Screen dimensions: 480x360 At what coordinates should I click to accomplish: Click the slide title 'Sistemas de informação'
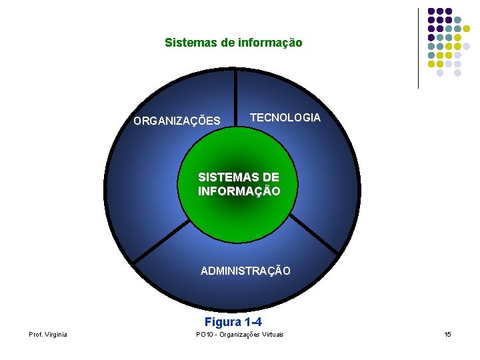(x=233, y=43)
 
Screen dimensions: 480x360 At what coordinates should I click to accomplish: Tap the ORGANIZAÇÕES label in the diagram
(x=177, y=121)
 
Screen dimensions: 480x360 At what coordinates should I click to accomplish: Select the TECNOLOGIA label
(x=285, y=117)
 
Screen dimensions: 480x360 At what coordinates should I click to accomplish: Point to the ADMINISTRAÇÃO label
(x=245, y=271)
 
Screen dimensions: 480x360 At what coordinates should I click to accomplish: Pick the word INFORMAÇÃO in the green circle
(x=239, y=191)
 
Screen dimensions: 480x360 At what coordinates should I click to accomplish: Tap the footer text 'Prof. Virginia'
(x=47, y=334)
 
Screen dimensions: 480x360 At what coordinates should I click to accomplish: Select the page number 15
(x=448, y=334)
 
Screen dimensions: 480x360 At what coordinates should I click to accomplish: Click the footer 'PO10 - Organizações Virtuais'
(x=239, y=334)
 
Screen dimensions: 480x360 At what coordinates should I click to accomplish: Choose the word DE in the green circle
(x=271, y=177)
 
